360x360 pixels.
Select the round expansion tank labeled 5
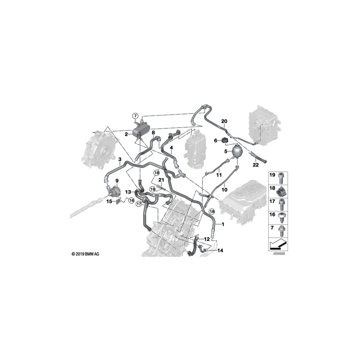click(x=237, y=152)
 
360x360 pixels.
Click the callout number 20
click(x=224, y=121)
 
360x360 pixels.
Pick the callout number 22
click(x=256, y=165)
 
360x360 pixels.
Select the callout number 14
click(x=220, y=250)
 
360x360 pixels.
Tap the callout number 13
click(x=128, y=192)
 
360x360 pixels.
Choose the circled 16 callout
click(x=131, y=201)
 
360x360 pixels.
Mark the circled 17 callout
click(x=139, y=204)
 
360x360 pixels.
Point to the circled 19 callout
click(x=152, y=189)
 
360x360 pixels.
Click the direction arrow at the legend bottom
click(x=278, y=245)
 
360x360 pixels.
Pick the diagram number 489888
click(x=278, y=254)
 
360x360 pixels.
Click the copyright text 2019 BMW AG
click(x=86, y=254)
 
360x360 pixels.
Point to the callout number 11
click(x=219, y=175)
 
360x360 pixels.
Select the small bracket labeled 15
click(x=119, y=202)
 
